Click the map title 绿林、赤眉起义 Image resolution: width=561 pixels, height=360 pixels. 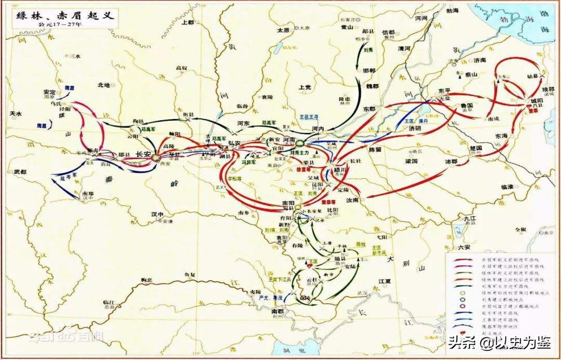pyautogui.click(x=62, y=15)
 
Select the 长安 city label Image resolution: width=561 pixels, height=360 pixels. pyautogui.click(x=142, y=154)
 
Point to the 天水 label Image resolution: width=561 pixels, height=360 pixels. pyautogui.click(x=17, y=114)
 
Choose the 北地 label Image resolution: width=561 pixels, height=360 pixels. pyautogui.click(x=103, y=85)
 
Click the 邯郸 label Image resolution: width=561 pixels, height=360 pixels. pyautogui.click(x=369, y=71)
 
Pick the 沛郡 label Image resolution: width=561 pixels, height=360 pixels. pyautogui.click(x=450, y=161)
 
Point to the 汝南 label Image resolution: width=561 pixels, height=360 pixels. pyautogui.click(x=352, y=200)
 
